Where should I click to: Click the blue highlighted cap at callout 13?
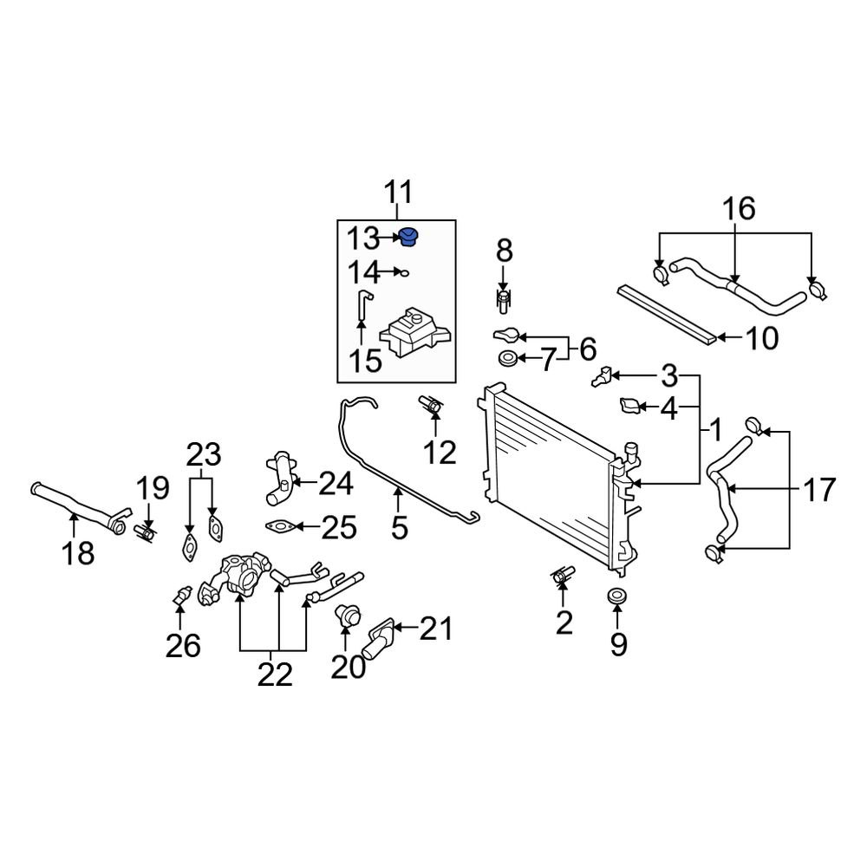click(x=409, y=237)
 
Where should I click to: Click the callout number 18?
click(x=78, y=551)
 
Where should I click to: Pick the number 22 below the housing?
click(x=276, y=674)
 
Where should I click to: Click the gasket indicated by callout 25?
click(x=278, y=526)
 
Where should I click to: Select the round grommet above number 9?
click(x=617, y=597)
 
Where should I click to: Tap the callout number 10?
click(x=763, y=339)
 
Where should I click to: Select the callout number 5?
click(x=399, y=526)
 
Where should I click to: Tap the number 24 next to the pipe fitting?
click(x=336, y=483)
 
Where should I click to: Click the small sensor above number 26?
click(x=180, y=596)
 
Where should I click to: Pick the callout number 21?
click(x=435, y=628)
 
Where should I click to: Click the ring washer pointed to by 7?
click(x=508, y=359)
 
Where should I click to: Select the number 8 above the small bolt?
click(x=504, y=252)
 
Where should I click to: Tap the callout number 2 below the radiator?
click(x=564, y=622)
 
